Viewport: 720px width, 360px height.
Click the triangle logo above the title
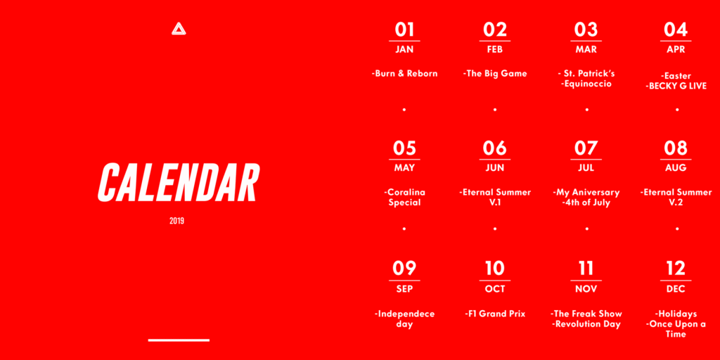(179, 30)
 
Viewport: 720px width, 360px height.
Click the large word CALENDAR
(179, 182)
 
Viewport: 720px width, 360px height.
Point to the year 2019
(176, 221)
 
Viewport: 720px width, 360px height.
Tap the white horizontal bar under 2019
(179, 340)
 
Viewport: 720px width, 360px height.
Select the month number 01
(404, 30)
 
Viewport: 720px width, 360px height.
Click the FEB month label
(495, 50)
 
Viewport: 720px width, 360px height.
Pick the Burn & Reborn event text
(404, 73)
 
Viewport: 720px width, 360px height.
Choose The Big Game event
(495, 73)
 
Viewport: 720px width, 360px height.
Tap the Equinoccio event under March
(586, 84)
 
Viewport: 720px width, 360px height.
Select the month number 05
(404, 148)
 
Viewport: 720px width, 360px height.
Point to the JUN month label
(495, 168)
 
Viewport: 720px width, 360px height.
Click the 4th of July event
(586, 202)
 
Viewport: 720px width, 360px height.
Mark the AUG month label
(676, 168)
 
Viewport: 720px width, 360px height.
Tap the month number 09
(404, 268)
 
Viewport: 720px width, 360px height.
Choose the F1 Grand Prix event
(495, 314)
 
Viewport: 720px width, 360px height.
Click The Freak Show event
(586, 314)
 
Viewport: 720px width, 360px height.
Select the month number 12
(676, 268)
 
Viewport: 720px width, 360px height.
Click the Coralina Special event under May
(404, 198)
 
